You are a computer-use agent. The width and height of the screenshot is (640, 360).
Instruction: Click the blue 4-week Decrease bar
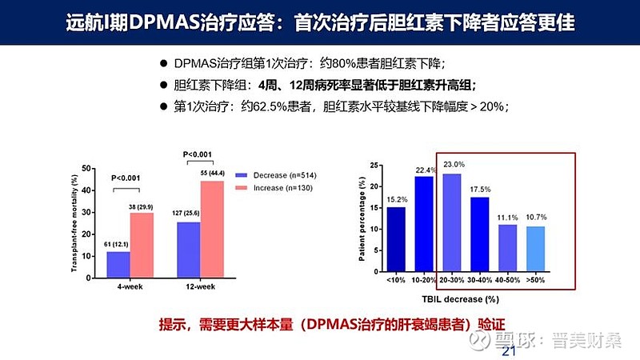tap(118, 263)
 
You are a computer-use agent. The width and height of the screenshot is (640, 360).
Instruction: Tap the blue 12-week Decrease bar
tap(188, 248)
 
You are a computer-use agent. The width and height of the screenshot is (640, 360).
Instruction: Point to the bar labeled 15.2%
tap(395, 240)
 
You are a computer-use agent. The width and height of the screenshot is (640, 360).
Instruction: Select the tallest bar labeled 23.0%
tap(453, 223)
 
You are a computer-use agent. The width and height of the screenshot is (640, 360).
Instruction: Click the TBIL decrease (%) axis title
tap(466, 299)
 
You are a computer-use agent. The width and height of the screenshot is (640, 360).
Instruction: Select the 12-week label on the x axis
tap(200, 286)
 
